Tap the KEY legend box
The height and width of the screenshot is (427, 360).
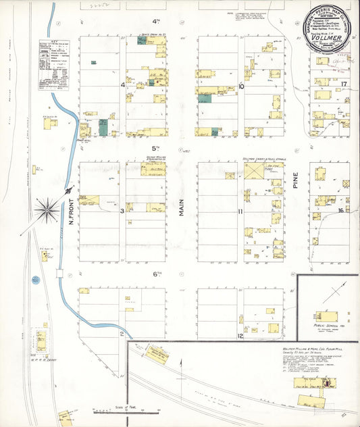54,64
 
